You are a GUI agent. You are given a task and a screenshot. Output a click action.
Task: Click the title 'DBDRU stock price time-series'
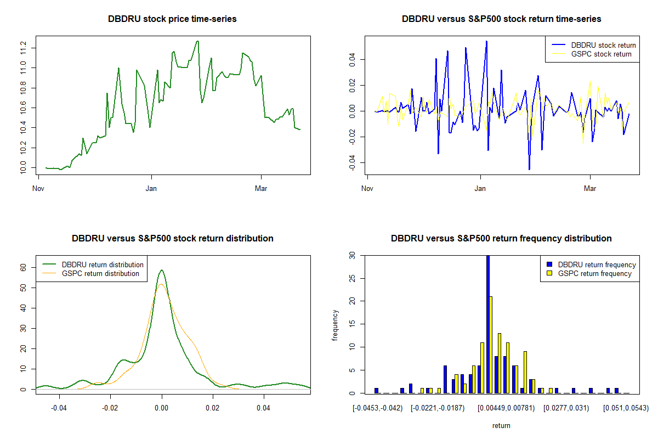173,19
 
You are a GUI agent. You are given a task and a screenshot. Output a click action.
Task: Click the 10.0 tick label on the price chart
23,168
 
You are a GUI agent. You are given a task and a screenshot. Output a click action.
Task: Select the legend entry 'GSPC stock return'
601,54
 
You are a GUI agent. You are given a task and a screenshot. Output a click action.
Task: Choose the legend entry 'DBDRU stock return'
603,45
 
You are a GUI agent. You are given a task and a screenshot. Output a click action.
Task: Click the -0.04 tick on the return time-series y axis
352,163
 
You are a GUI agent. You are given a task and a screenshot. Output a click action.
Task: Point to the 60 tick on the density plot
23,267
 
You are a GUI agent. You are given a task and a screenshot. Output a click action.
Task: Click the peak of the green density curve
162,270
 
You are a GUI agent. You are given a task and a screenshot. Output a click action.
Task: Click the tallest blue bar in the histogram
487,324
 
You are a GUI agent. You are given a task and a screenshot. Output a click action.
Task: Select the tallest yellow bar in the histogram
491,345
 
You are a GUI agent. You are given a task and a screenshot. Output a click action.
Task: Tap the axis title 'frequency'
336,325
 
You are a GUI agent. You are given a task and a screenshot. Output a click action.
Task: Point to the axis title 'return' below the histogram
501,425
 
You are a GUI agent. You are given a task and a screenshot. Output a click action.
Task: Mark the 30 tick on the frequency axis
352,256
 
